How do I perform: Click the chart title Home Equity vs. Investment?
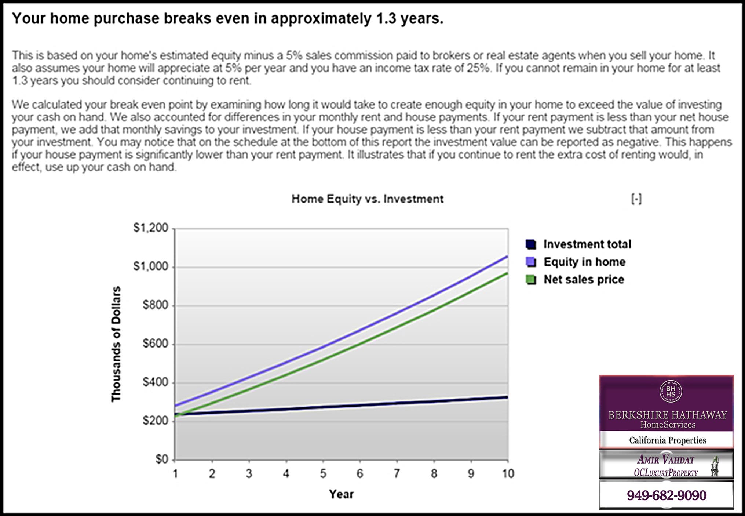tap(368, 199)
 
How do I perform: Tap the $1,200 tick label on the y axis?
tap(151, 228)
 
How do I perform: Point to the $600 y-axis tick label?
tap(155, 344)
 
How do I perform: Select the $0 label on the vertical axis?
tap(162, 459)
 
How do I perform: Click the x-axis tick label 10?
tap(508, 474)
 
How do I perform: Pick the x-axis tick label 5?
tap(323, 474)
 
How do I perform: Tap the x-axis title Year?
tap(341, 494)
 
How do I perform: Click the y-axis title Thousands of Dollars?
tap(116, 344)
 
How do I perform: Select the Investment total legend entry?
tap(578, 244)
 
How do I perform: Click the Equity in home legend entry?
tap(576, 262)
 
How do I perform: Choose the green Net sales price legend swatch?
tap(531, 280)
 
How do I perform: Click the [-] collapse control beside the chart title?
tap(636, 199)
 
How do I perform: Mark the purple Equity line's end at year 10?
tap(508, 256)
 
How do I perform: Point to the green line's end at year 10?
tap(508, 273)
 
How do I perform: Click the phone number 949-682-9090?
tap(667, 495)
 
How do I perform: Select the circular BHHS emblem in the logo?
tap(671, 391)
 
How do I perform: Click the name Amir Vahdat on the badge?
tap(666, 459)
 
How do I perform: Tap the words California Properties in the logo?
tap(668, 440)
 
